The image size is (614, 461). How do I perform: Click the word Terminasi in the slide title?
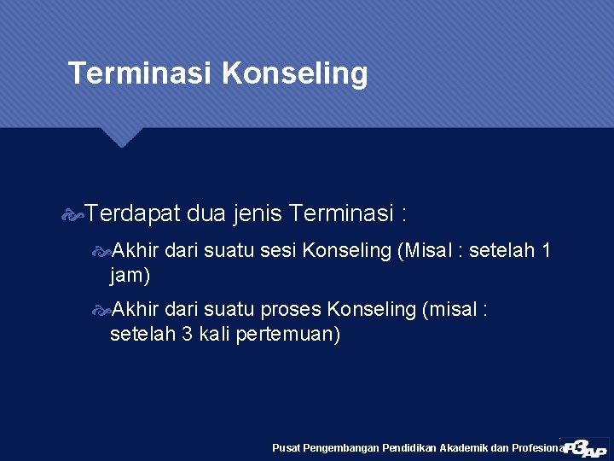click(x=140, y=73)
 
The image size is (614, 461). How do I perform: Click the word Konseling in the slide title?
click(x=294, y=74)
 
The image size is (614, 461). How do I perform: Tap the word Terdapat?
click(x=132, y=211)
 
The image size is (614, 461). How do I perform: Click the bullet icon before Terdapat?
click(x=74, y=212)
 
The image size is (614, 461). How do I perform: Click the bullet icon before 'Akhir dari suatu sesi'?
click(x=101, y=252)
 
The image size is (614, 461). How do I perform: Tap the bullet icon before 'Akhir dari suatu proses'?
click(x=101, y=310)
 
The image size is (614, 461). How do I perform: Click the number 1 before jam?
click(x=546, y=251)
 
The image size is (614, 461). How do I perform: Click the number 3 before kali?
click(x=187, y=334)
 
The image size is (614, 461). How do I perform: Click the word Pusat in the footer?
click(x=286, y=447)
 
